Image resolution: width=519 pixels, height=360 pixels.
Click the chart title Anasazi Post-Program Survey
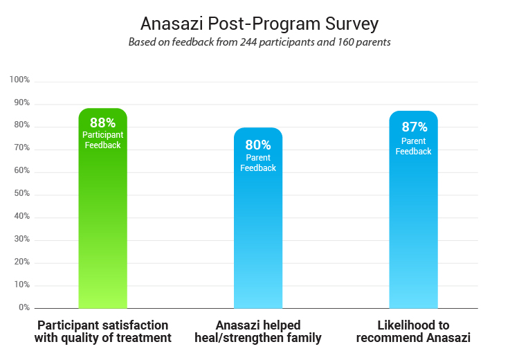click(x=259, y=24)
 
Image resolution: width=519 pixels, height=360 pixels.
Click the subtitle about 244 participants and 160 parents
click(x=259, y=42)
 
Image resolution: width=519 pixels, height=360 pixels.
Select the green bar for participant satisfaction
click(x=102, y=228)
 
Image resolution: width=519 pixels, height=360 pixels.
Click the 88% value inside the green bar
click(x=102, y=123)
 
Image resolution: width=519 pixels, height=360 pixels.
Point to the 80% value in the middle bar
click(x=258, y=145)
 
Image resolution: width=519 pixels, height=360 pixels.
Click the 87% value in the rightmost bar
click(x=413, y=127)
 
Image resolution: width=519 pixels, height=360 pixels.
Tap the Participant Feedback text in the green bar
click(x=102, y=140)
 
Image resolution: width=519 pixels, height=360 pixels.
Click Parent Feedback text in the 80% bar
click(x=258, y=163)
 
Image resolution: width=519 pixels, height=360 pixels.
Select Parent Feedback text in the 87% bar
click(x=413, y=146)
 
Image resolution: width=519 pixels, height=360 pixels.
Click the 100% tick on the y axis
click(x=19, y=80)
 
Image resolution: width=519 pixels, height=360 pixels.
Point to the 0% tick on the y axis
click(x=24, y=307)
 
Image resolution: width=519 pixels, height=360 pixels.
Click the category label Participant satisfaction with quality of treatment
click(x=102, y=332)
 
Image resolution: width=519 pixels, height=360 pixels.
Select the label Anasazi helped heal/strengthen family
click(x=258, y=332)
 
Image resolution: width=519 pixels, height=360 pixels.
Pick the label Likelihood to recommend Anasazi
click(x=413, y=332)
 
